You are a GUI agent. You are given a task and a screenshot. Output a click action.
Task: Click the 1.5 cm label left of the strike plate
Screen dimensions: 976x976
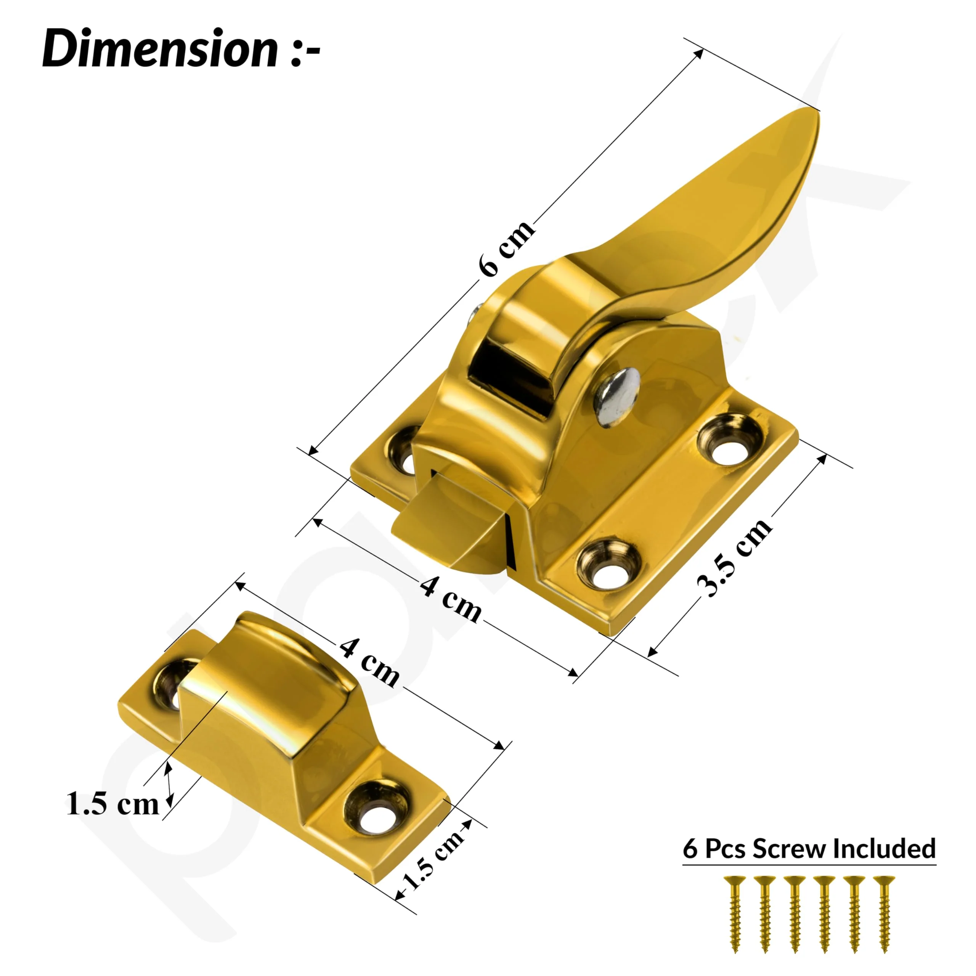112,803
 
